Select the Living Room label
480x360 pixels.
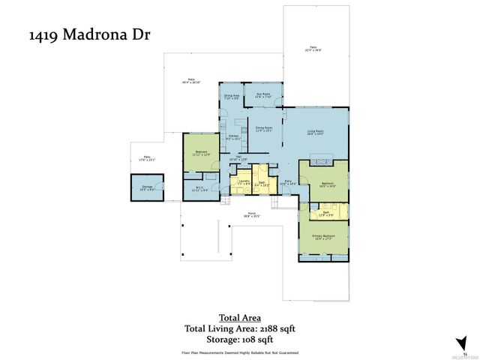click(316, 133)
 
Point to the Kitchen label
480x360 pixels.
click(234, 136)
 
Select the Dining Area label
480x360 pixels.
click(232, 96)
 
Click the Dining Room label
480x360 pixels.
click(262, 129)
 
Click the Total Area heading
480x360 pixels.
click(239, 316)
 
